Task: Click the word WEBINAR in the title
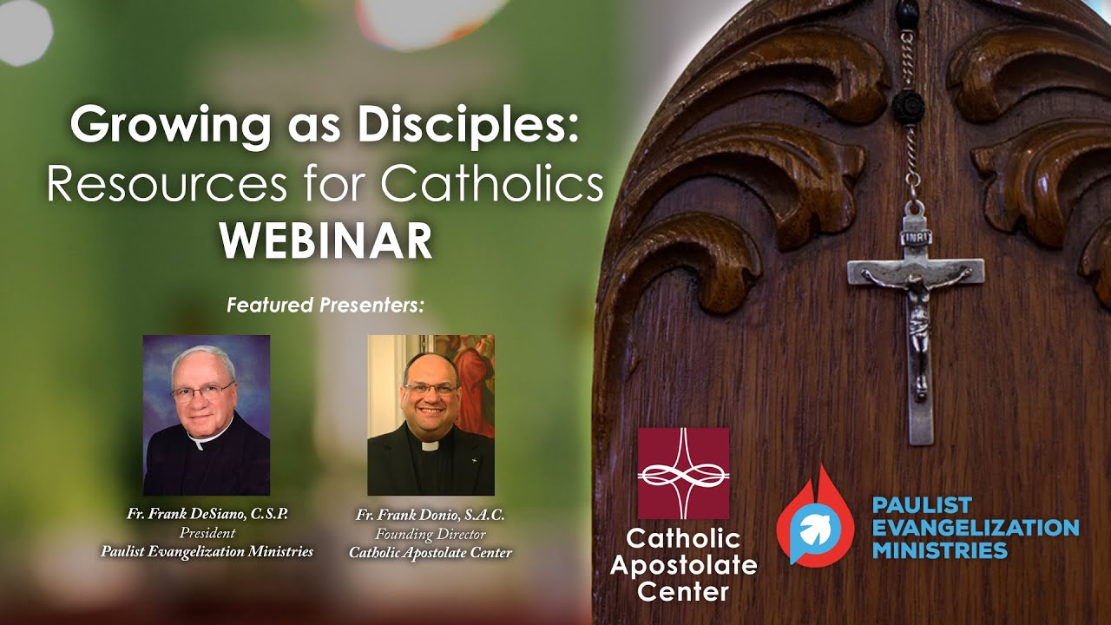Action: point(325,241)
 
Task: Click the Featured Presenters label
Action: point(325,306)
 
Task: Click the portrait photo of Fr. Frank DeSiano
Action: point(207,415)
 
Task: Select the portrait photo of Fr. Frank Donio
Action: point(431,415)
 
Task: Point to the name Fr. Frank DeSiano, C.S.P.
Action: point(207,514)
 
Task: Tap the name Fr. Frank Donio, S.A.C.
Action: point(431,515)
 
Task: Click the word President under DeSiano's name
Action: point(207,532)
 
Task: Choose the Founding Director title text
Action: point(431,534)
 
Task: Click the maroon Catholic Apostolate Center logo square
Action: point(683,473)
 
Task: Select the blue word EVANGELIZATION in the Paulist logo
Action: point(976,528)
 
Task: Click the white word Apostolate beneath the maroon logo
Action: point(683,566)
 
